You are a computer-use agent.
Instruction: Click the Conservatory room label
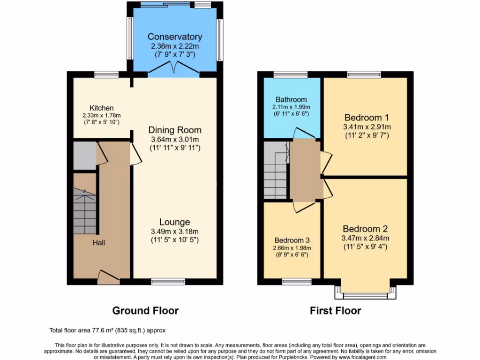(175, 37)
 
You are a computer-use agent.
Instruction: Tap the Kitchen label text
(102, 108)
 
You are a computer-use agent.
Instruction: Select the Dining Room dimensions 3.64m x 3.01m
(175, 139)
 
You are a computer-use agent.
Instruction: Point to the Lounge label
(174, 222)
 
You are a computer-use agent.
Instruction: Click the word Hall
(98, 243)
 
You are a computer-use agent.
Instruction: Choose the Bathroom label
(291, 99)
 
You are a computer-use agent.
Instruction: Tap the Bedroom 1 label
(367, 117)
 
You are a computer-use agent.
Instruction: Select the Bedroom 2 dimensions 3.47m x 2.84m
(366, 238)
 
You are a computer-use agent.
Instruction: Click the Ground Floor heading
(145, 310)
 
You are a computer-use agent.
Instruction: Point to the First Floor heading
(335, 310)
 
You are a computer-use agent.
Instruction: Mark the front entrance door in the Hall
(108, 278)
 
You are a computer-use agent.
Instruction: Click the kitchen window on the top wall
(106, 74)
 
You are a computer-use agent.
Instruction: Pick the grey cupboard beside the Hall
(84, 156)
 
